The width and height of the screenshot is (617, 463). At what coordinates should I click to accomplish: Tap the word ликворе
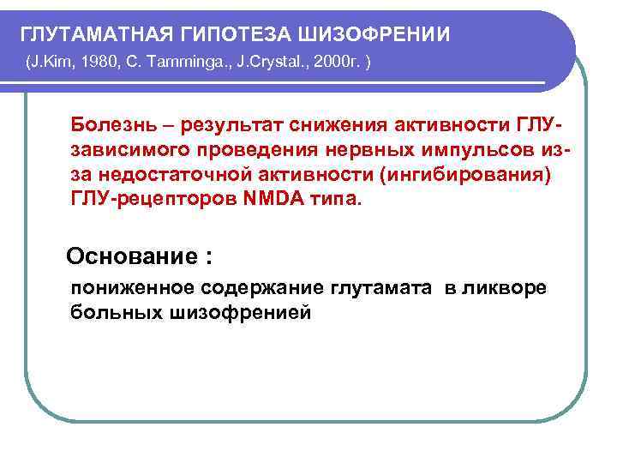click(508, 287)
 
